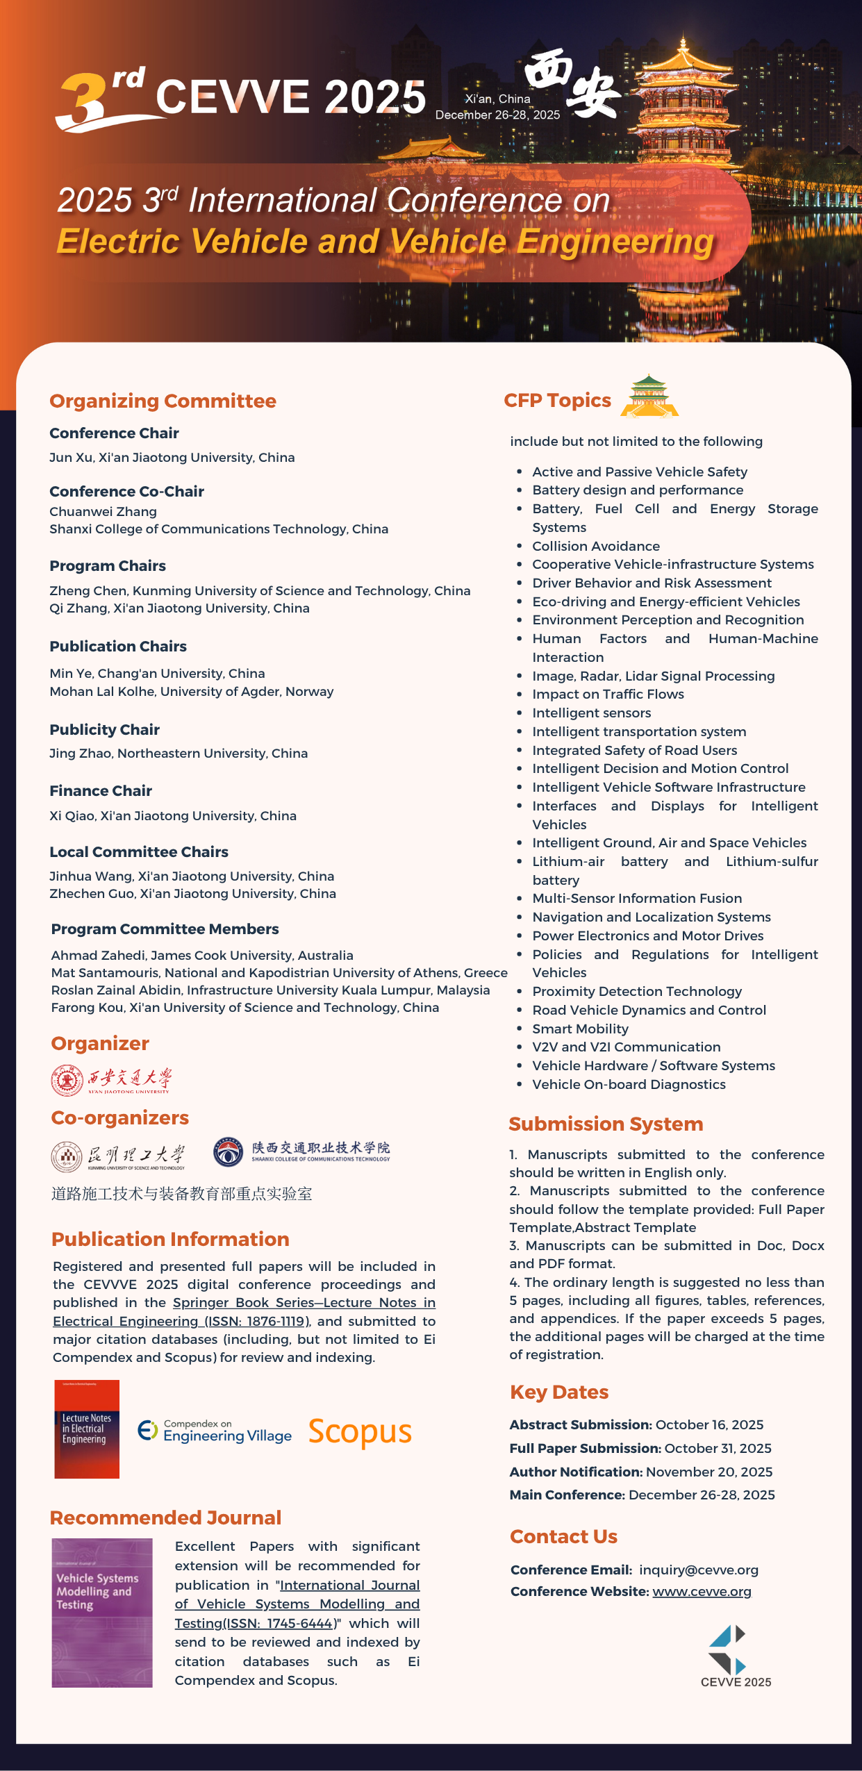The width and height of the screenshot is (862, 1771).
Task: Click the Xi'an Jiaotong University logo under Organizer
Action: (111, 1080)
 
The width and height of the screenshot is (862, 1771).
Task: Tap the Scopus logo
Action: (360, 1431)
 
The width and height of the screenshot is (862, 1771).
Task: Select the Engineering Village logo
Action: (215, 1431)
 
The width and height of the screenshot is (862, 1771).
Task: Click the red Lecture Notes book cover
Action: (87, 1429)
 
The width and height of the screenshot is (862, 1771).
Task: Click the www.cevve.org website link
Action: (702, 1591)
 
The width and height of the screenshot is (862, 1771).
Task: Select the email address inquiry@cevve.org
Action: (698, 1570)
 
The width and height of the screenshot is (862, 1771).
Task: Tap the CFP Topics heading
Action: (557, 400)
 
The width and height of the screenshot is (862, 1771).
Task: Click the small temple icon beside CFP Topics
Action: (649, 396)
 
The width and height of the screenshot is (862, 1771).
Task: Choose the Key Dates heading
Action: (559, 1392)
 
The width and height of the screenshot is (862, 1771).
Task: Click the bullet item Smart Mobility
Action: (580, 1029)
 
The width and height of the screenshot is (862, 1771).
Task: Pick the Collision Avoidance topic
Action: (595, 546)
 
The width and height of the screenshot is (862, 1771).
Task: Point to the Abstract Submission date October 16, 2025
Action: (709, 1424)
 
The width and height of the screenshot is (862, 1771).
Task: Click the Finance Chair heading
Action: (101, 790)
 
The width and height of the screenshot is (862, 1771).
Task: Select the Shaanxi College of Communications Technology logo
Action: (301, 1151)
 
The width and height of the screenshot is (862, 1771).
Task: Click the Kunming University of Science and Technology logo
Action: (118, 1156)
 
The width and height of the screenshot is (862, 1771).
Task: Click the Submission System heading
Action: (606, 1124)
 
